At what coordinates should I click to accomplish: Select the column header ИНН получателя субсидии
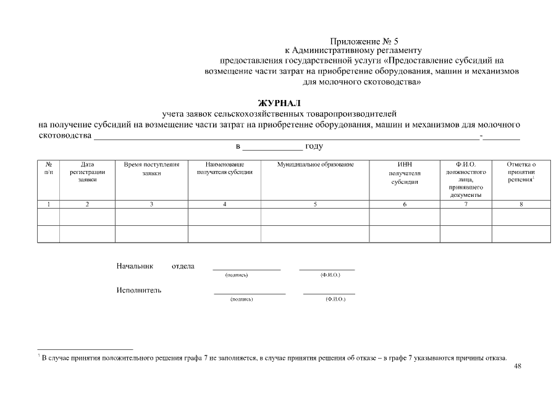tap(405, 173)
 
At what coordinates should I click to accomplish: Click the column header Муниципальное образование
tap(315, 165)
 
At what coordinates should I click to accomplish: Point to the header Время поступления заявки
tap(151, 169)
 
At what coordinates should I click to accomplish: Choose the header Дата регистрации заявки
tap(87, 172)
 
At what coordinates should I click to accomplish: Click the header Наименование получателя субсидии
tap(224, 168)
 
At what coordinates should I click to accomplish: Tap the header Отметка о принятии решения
tap(521, 172)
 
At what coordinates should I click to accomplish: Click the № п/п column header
tap(48, 168)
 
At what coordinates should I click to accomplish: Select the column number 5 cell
tap(315, 204)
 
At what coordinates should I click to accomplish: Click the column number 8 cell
tap(521, 204)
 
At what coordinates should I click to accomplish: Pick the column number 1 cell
tap(48, 204)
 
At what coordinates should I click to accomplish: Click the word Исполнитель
tap(139, 291)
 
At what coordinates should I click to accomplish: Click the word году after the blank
tap(313, 146)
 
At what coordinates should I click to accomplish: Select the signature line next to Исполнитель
tap(250, 293)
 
